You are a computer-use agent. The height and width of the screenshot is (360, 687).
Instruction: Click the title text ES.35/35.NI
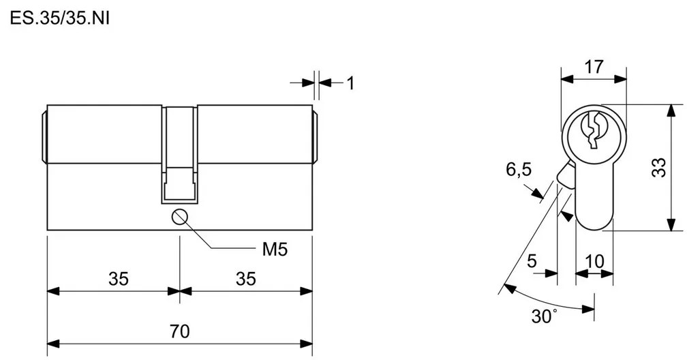(59, 18)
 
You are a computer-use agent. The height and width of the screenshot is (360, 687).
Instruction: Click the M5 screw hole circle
(180, 217)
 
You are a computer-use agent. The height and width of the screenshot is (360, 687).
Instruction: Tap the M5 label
(275, 250)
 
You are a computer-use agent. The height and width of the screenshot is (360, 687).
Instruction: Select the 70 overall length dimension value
(180, 331)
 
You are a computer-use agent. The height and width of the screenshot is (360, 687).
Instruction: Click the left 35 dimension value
(119, 279)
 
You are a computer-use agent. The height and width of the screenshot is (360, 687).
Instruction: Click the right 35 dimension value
(245, 279)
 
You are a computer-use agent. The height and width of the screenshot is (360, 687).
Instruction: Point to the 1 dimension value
(350, 83)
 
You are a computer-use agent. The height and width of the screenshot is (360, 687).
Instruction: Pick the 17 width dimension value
(594, 67)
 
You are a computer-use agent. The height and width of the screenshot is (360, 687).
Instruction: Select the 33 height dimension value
(659, 167)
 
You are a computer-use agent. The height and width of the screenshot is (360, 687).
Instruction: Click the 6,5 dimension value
(519, 169)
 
